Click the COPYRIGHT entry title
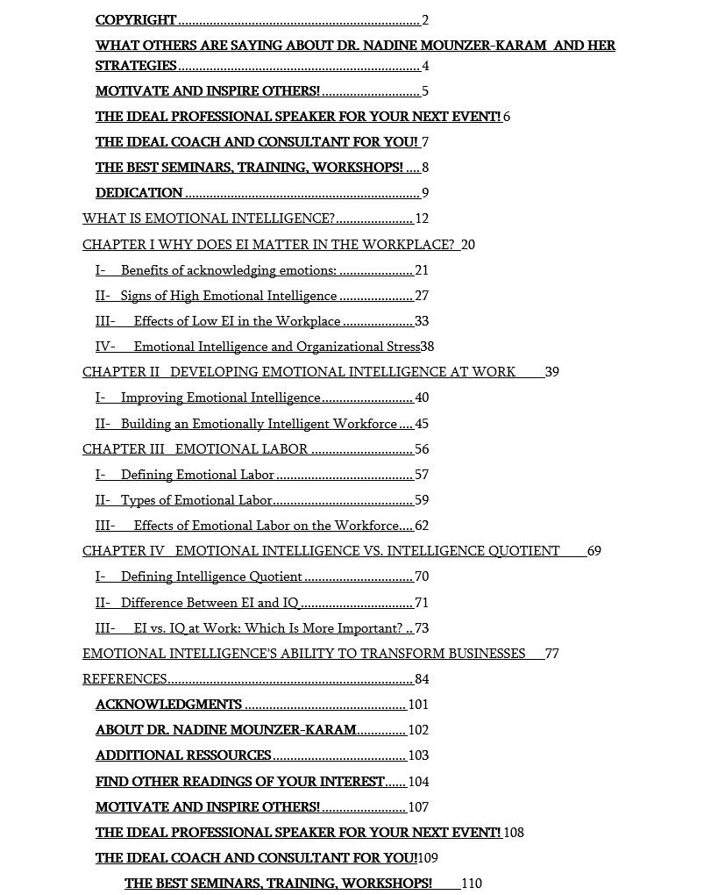tap(136, 20)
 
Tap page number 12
tap(422, 219)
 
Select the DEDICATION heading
tap(139, 193)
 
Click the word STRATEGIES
tap(136, 66)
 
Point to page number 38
tap(427, 347)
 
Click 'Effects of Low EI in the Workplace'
tap(237, 321)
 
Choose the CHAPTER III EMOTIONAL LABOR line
tap(195, 449)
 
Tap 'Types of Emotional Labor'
tap(196, 500)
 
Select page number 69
tap(594, 551)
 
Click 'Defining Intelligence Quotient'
tap(211, 576)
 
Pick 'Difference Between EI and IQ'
tap(210, 603)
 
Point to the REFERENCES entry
tap(124, 679)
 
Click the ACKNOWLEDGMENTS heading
tap(168, 705)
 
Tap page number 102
tap(418, 730)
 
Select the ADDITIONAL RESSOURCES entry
tap(183, 755)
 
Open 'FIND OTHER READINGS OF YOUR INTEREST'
tap(239, 782)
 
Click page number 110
tap(471, 884)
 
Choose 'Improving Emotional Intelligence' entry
tap(220, 397)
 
